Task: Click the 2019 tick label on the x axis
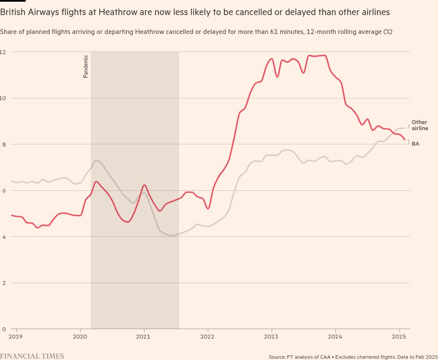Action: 15,336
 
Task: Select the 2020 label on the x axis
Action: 80,336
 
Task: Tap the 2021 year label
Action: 144,336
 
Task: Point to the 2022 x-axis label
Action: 207,336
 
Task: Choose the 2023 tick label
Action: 271,336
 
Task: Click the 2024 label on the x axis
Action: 335,336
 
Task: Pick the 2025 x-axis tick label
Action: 399,336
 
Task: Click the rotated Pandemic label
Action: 85,66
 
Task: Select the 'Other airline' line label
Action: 420,125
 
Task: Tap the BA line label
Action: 415,144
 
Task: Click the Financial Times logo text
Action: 32,356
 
